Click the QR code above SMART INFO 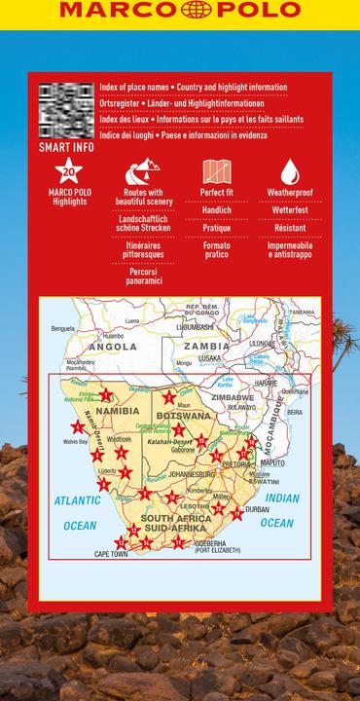pos(66,111)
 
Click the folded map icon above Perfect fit pos(216,172)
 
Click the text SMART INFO pos(66,148)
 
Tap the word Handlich pos(216,210)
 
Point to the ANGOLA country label pos(113,346)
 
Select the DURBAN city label pos(257,509)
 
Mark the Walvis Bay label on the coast pos(76,441)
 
